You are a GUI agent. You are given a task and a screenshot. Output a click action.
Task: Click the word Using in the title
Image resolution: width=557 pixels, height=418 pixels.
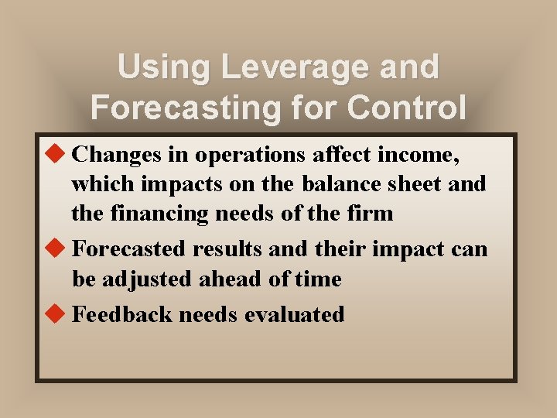click(163, 67)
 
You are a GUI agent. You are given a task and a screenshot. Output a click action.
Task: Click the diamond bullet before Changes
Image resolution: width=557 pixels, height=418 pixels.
click(57, 155)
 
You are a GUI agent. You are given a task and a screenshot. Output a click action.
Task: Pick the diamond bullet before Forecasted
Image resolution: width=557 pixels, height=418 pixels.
click(57, 248)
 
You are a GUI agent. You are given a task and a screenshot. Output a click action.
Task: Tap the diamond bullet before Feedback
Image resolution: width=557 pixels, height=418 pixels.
click(57, 313)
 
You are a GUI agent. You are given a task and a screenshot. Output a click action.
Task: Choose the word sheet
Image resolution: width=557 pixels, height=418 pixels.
click(415, 184)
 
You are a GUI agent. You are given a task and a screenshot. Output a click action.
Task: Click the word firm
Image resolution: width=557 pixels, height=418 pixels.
click(369, 212)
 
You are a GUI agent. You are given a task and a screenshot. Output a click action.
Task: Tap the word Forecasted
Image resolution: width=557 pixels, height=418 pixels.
click(129, 249)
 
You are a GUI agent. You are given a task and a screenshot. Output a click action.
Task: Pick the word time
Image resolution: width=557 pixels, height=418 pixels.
click(317, 279)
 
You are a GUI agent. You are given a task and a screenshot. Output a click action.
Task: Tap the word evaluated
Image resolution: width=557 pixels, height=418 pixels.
click(296, 314)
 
